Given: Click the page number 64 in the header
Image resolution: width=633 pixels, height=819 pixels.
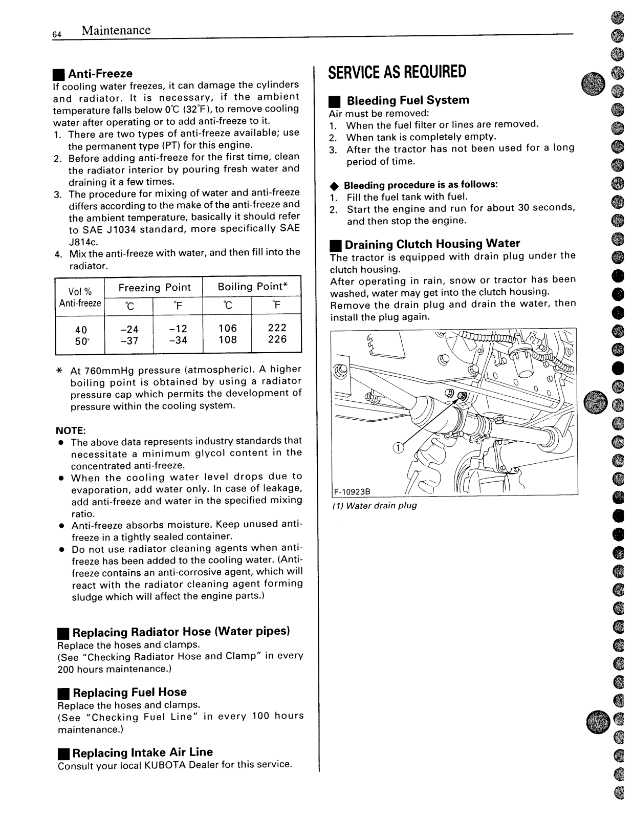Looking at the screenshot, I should coord(56,34).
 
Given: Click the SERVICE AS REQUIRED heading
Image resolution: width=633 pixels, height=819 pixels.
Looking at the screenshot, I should coord(397,72).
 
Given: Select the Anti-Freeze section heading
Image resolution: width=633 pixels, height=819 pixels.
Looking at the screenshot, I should coord(100,74).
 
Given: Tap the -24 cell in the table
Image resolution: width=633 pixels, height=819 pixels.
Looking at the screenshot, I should coord(129,329).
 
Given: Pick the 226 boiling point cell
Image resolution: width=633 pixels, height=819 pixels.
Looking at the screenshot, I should coord(277,339).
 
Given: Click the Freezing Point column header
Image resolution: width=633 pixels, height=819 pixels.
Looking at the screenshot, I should coord(154,288).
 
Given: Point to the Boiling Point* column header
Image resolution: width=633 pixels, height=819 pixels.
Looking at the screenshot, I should coord(252,287).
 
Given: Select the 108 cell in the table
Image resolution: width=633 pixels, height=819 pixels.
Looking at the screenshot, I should coord(228,340).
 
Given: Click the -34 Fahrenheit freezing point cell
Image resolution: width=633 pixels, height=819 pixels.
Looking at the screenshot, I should coord(178,340).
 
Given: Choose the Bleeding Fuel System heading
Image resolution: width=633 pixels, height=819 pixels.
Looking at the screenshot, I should coord(407,100).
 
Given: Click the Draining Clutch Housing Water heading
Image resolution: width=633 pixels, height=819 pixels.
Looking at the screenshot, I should coord(432,244).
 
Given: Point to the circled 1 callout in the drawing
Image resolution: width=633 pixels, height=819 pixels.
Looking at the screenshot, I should coord(398,448).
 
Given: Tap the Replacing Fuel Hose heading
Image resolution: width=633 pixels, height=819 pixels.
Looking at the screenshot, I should coord(129,693).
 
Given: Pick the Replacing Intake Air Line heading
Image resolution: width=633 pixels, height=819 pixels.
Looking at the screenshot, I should coord(142,752).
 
